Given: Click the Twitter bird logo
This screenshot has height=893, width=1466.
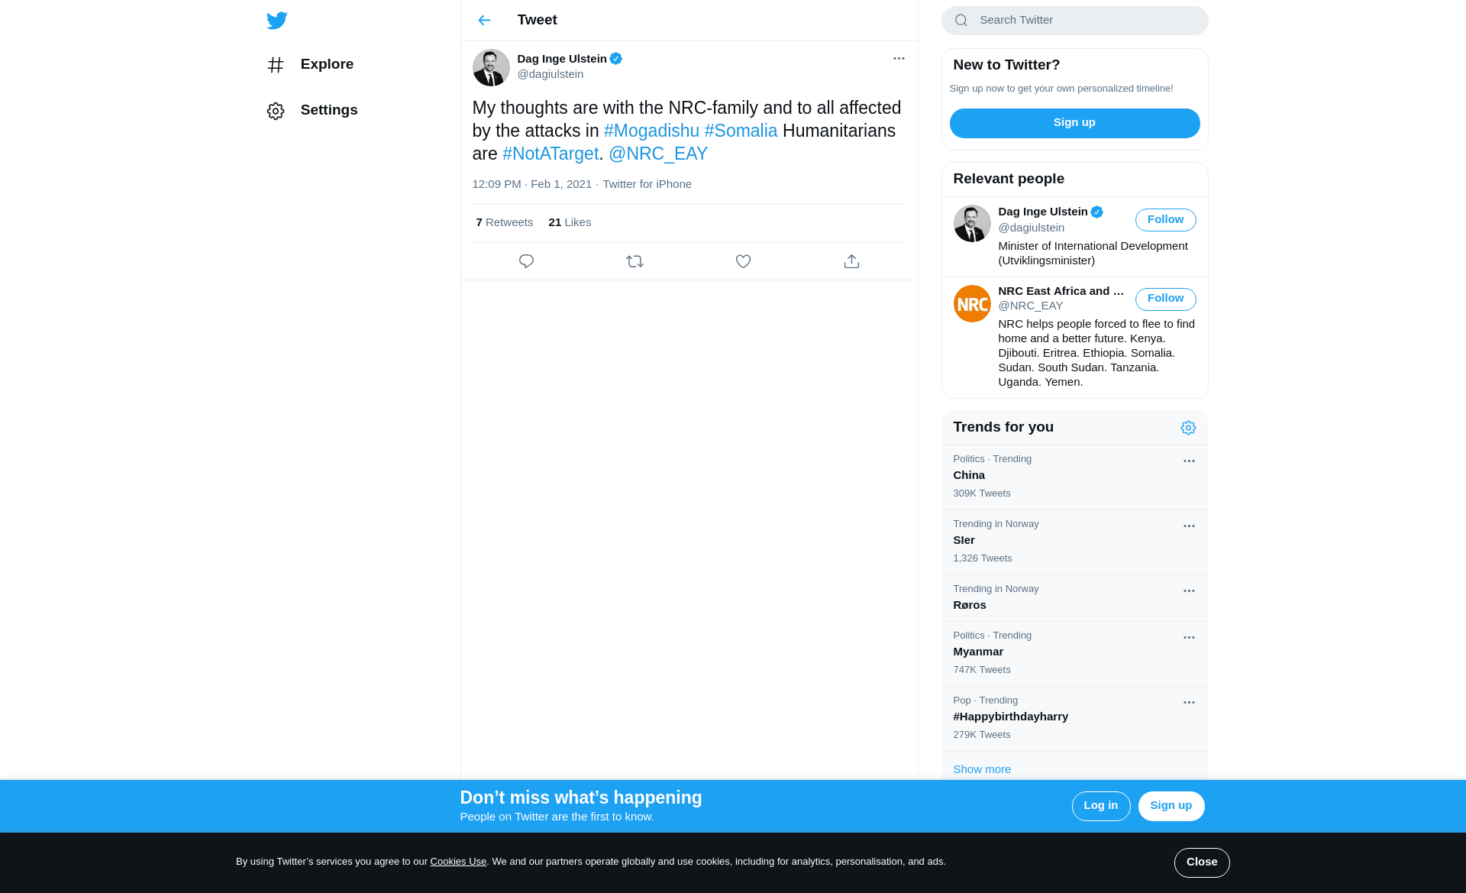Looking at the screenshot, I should click(x=277, y=21).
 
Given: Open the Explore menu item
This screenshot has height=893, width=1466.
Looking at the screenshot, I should click(x=326, y=64).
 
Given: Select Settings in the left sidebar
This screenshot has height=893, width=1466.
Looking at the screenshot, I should click(x=328, y=110).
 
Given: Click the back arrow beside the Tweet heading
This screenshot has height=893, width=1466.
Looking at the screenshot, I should click(x=484, y=21).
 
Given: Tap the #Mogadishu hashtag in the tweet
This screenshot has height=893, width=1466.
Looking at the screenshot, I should click(x=651, y=131).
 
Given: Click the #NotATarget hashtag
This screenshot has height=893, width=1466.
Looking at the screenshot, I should click(x=550, y=154).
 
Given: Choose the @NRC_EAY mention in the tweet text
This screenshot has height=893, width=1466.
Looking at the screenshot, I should click(x=657, y=154).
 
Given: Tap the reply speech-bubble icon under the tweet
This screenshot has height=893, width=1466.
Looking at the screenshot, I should click(x=526, y=261).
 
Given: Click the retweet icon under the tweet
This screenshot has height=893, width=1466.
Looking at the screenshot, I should click(x=635, y=261).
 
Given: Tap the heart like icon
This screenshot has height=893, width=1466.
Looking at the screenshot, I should click(x=743, y=261).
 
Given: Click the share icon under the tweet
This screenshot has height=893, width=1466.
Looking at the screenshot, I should click(x=851, y=261).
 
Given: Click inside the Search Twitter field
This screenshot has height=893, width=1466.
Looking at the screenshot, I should click(x=1084, y=21).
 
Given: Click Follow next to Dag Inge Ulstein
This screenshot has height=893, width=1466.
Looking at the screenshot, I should click(x=1165, y=220).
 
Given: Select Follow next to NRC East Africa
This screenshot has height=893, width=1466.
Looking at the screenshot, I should click(x=1165, y=299).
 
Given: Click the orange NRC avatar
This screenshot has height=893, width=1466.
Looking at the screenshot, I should click(x=972, y=304).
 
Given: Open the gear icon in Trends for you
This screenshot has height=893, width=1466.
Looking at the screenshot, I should click(x=1188, y=428).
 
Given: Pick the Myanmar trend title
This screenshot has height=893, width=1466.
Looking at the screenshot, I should click(x=978, y=652).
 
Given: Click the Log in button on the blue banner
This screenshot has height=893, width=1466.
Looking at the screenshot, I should click(x=1100, y=806).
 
